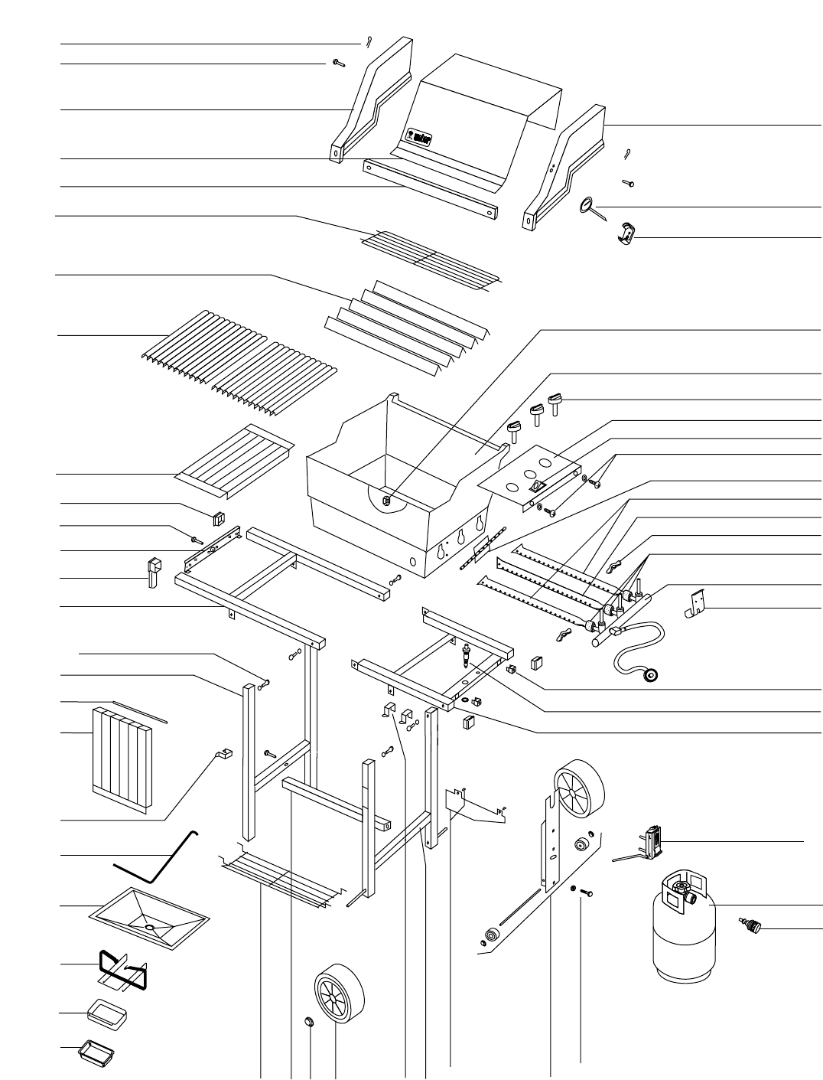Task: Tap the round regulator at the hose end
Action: point(652,675)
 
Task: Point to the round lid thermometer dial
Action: point(587,205)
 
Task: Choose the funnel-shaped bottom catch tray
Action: point(150,912)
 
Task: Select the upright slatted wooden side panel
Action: point(122,759)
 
